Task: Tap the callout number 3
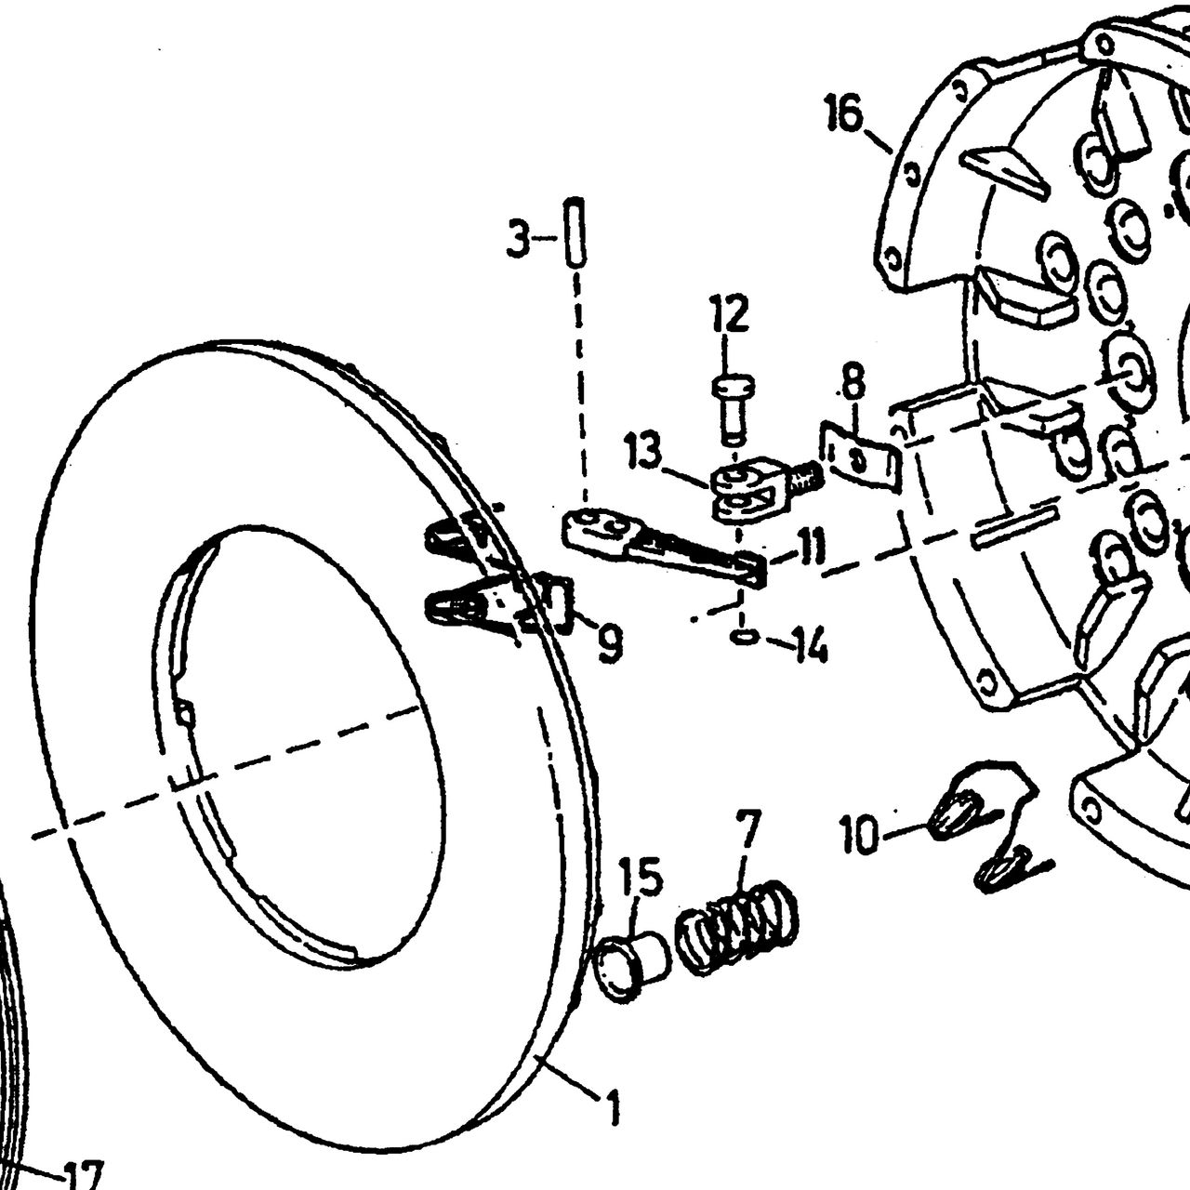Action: coord(518,239)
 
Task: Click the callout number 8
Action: coord(853,383)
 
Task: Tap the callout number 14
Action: coord(808,646)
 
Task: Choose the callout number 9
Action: coord(609,644)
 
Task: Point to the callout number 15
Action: coord(642,879)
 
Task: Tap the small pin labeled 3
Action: coord(575,231)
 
